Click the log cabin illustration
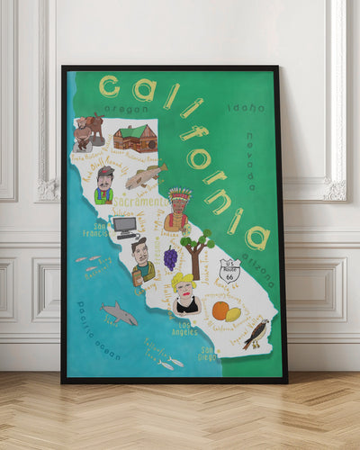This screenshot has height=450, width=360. pos(135,138)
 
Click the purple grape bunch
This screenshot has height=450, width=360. pos(170,258)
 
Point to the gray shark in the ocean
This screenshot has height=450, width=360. pos(119,313)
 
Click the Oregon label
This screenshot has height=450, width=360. pos(125,110)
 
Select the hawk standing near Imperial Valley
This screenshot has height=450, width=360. pos(256,334)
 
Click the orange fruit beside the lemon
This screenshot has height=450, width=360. pos(220,310)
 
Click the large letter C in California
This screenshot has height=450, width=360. pos(110,86)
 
